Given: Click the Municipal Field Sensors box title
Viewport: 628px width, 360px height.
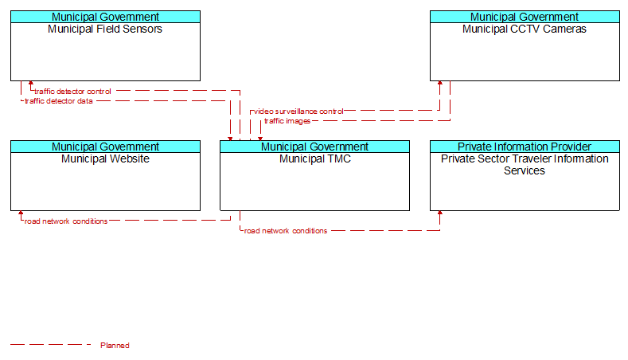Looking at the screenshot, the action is (x=105, y=29).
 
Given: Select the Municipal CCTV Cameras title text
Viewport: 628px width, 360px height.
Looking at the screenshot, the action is (x=525, y=29).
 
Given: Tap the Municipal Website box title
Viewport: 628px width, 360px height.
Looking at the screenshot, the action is (x=105, y=158).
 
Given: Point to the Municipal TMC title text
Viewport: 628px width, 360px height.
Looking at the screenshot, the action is (x=315, y=158).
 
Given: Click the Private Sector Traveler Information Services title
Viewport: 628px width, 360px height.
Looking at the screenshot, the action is (x=525, y=165).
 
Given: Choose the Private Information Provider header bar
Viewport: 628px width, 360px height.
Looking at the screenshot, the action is (x=525, y=147).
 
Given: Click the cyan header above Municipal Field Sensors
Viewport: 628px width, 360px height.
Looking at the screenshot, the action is (x=105, y=17).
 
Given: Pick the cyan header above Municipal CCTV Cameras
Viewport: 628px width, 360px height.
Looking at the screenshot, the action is (x=525, y=17).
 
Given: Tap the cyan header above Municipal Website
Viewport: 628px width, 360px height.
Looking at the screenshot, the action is (x=105, y=147).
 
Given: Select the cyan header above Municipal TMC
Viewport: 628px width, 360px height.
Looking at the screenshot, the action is (x=315, y=147).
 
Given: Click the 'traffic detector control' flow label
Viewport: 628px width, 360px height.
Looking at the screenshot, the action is (x=72, y=92).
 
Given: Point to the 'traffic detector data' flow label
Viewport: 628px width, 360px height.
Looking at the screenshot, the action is (x=58, y=101).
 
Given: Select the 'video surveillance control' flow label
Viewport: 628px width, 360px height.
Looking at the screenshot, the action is (x=298, y=111).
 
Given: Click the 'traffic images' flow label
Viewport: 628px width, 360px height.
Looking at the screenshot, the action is (x=287, y=121).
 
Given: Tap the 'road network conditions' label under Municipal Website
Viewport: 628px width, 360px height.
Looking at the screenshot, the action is (x=66, y=221).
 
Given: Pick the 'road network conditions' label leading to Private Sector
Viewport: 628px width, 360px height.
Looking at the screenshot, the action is (x=286, y=231).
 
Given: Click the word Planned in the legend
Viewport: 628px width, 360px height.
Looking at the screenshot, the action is (x=115, y=345).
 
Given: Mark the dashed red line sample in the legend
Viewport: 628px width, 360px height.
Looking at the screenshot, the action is (x=51, y=344).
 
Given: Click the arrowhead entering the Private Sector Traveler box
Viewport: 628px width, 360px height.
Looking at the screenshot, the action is (x=440, y=213).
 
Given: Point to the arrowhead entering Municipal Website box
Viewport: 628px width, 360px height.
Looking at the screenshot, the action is (x=21, y=213).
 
